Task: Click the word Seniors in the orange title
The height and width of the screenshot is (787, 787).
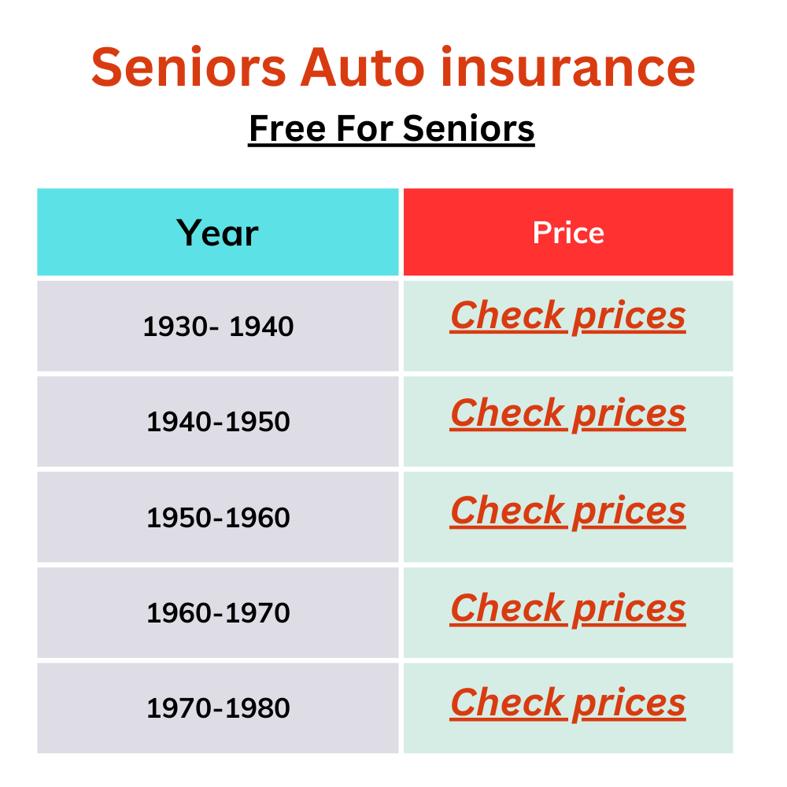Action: (189, 67)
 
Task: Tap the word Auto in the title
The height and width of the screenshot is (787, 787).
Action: (362, 67)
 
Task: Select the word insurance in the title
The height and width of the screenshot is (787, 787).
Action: (568, 67)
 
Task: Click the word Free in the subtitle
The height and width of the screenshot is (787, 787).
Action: (287, 128)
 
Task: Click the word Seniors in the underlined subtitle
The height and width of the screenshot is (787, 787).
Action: (469, 128)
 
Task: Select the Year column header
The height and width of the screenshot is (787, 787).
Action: (217, 233)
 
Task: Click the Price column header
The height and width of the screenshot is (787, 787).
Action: (568, 233)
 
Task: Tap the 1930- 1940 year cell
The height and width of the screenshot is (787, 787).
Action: (218, 327)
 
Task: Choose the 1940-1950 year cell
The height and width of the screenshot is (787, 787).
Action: (218, 422)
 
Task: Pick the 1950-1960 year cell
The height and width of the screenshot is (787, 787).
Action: (218, 518)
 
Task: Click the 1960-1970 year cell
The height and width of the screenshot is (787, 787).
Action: (218, 613)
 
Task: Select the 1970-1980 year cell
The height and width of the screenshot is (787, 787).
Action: (218, 708)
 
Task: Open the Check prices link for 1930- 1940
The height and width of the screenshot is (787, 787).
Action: (567, 316)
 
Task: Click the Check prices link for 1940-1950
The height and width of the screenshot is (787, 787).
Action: (567, 414)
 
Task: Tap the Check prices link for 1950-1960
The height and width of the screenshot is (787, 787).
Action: (567, 511)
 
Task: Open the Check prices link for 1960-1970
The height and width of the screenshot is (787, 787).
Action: (567, 608)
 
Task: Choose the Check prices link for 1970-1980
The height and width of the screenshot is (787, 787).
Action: (567, 703)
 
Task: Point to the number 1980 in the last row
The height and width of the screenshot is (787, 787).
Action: (257, 708)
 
